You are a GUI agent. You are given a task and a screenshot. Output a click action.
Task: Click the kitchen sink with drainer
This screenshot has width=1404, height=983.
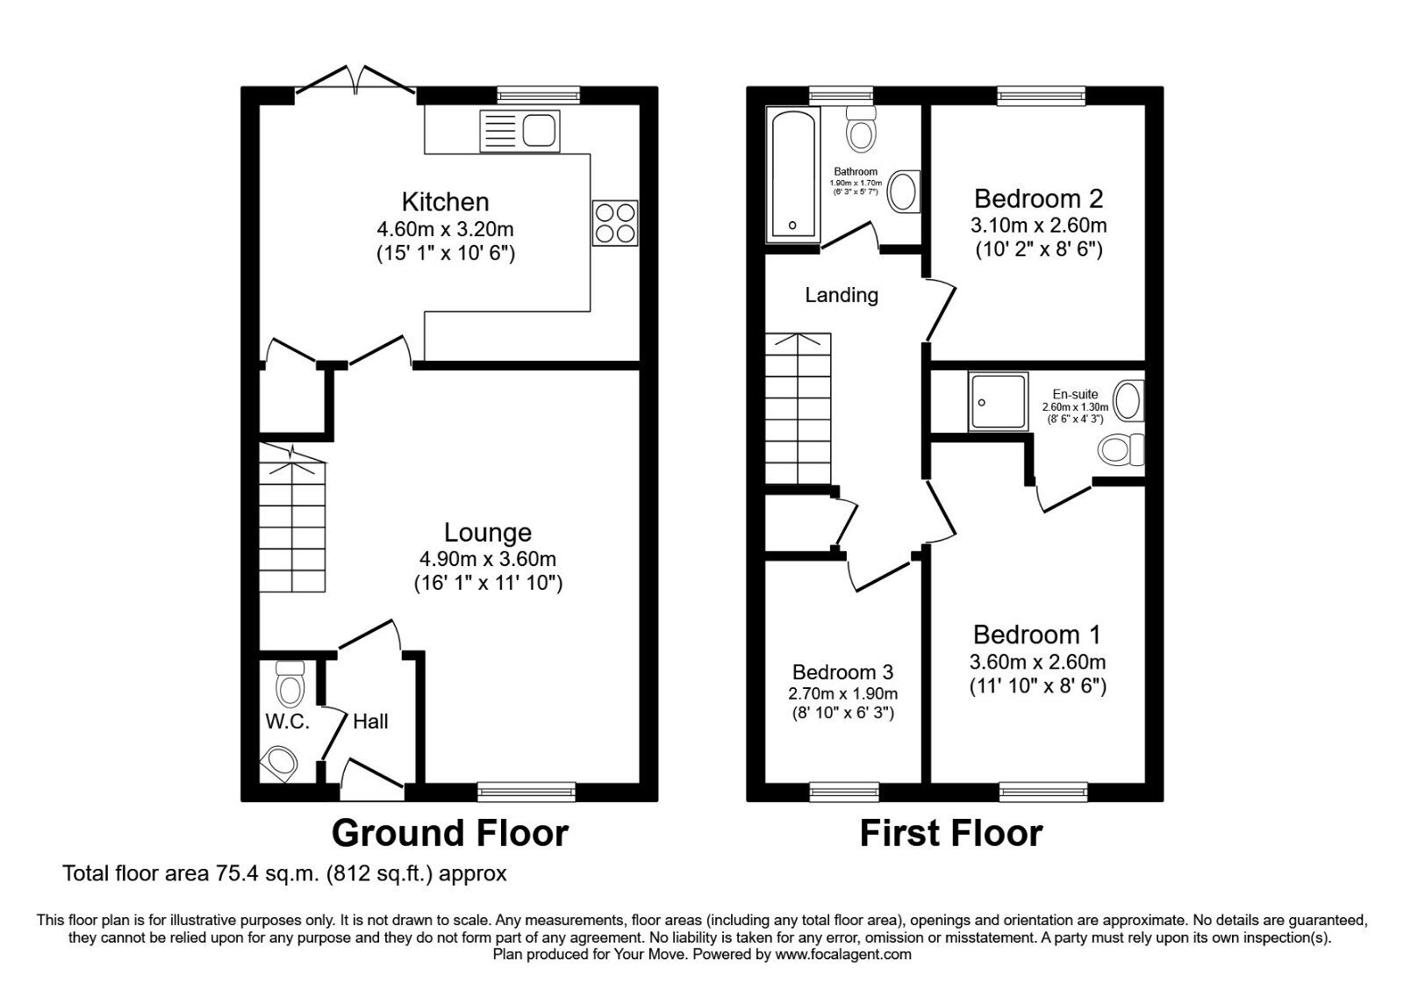519,132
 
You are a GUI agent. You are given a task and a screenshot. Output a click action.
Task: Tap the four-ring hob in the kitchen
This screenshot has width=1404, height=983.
614,223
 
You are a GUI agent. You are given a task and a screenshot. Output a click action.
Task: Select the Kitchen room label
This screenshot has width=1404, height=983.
445,202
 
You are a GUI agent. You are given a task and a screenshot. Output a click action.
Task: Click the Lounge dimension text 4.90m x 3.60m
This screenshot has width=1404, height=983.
488,559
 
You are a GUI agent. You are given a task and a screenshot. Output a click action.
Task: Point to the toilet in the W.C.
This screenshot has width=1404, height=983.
290,683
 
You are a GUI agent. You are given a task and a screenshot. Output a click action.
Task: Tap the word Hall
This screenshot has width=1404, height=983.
370,721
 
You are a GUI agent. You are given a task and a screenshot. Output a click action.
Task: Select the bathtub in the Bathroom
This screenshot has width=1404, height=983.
792,176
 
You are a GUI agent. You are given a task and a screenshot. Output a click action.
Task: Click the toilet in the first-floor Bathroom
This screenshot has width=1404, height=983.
861,129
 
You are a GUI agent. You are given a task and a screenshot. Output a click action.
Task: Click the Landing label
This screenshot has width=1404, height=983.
842,295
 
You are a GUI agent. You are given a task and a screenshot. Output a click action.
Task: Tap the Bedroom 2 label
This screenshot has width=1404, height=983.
1038,198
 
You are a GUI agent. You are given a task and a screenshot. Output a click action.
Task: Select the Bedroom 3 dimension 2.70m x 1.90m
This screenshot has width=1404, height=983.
842,693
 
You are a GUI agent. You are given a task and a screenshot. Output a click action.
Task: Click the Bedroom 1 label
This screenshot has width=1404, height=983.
1037,635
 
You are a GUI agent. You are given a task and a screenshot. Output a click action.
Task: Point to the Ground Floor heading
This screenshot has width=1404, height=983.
449,832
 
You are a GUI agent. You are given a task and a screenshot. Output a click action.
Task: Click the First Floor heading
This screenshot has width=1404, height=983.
951,832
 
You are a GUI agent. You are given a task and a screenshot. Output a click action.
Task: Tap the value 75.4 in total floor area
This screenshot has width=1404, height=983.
232,874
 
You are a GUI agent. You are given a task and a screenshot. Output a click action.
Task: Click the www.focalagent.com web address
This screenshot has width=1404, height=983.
842,954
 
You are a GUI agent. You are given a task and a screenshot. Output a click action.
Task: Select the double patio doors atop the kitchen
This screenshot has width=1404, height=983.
355,81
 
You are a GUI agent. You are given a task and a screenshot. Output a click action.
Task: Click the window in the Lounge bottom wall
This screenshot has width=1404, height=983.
526,792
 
